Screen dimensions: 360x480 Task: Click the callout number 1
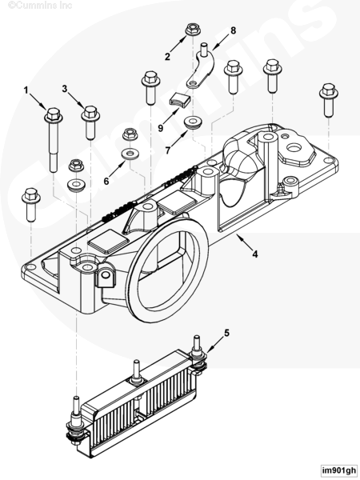[26, 90]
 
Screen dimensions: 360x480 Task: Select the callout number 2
[167, 57]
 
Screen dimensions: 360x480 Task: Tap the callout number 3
[64, 89]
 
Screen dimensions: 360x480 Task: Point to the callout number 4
[255, 254]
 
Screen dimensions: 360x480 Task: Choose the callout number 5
[226, 333]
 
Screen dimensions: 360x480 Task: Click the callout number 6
[106, 182]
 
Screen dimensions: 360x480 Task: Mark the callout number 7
[167, 150]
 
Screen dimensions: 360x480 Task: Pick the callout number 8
[234, 30]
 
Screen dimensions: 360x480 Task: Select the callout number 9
[161, 128]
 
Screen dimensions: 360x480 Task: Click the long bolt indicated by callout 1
[54, 139]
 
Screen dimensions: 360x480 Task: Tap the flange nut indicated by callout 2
[192, 30]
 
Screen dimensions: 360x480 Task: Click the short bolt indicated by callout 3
[90, 122]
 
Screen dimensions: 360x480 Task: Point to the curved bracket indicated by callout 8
[202, 69]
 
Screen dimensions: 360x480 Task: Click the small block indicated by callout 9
[180, 100]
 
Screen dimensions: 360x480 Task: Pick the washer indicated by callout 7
[194, 122]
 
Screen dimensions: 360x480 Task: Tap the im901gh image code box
[339, 470]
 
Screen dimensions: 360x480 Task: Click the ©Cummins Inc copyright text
[40, 6]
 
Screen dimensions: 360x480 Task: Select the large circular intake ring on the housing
[168, 270]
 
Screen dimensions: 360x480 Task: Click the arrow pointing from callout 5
[215, 345]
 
